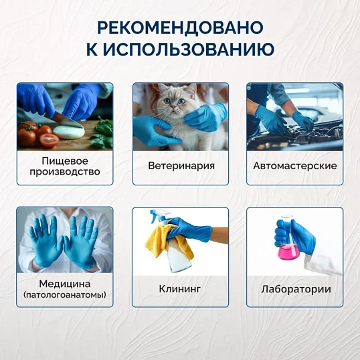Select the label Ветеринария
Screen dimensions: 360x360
(181, 165)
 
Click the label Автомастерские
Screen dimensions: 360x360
(295, 165)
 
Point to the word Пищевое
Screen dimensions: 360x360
(66, 160)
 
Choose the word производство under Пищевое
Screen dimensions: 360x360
(66, 171)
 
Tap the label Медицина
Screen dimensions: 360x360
(65, 283)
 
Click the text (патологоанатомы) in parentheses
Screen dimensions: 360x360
(65, 294)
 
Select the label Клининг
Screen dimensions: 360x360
(181, 289)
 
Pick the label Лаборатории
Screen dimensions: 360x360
(295, 289)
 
